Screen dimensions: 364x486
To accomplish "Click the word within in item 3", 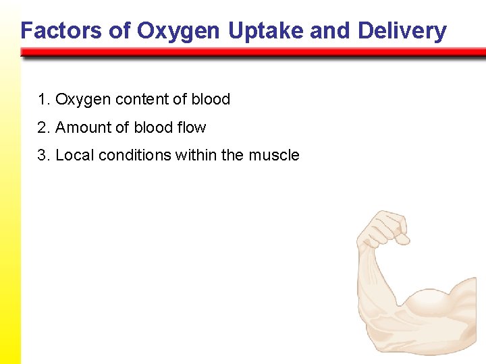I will coord(196,155).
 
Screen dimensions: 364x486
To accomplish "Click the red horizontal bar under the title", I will coord(253,52).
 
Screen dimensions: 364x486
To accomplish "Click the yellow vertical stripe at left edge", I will coord(10,202).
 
